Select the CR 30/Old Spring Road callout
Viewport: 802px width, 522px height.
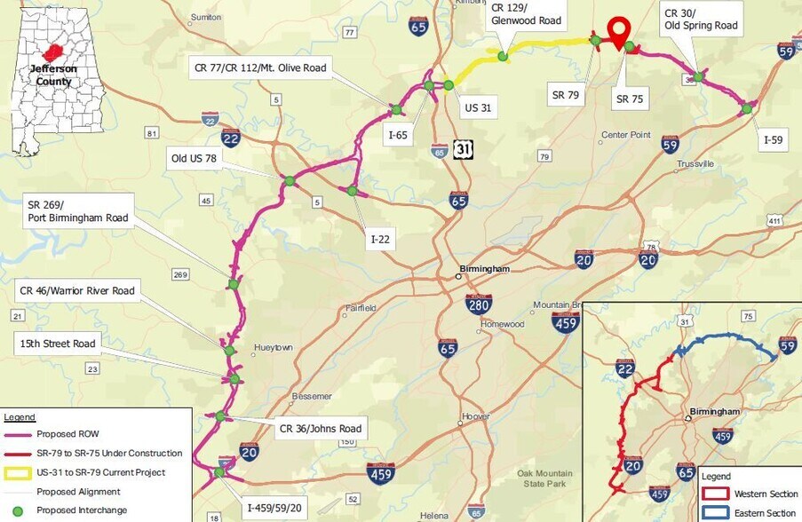(x=700, y=20)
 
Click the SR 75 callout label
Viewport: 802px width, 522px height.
(x=630, y=99)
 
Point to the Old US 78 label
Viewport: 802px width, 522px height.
(x=194, y=160)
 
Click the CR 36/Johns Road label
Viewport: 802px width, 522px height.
(x=319, y=429)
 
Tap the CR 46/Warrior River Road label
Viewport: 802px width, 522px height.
(x=77, y=290)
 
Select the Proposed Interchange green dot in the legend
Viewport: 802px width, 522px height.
(x=18, y=510)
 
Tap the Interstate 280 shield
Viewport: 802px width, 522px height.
(x=479, y=304)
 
